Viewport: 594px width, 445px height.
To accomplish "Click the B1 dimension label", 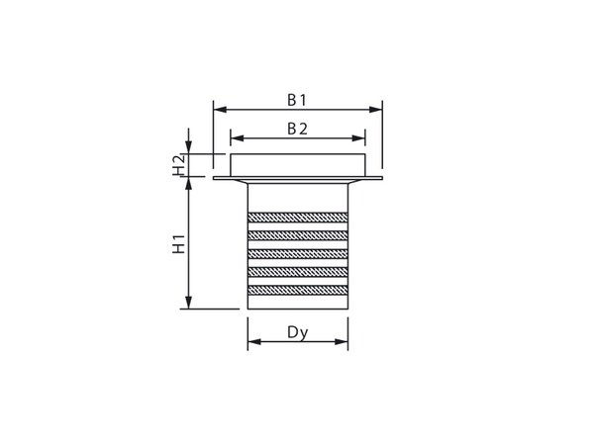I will [297, 99].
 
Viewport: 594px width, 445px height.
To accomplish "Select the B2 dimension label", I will [297, 129].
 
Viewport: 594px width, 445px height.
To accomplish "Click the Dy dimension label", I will [297, 332].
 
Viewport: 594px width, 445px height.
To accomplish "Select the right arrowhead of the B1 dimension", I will [376, 110].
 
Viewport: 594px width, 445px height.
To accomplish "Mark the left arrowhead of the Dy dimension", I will [251, 343].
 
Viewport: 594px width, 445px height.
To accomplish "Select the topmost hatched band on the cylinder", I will [297, 217].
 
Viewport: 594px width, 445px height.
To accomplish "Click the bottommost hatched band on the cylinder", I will [297, 288].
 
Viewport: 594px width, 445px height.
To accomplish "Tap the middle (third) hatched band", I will [297, 252].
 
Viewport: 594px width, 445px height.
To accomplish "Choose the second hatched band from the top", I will [297, 234].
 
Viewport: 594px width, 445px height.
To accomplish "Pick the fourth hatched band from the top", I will [297, 270].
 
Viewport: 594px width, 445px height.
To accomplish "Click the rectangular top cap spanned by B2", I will [297, 165].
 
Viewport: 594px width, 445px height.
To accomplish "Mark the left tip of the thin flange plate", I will [215, 179].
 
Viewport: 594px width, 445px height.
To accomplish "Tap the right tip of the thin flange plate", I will [380, 179].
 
